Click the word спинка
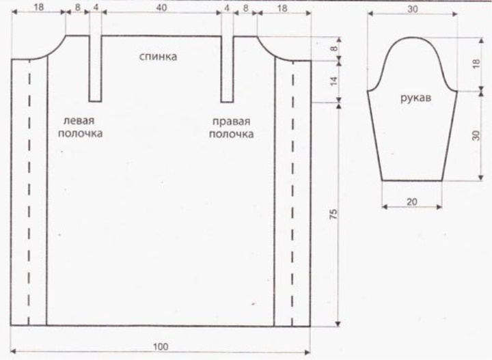point(158,57)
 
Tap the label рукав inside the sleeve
point(415,98)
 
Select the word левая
point(79,120)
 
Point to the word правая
point(231,121)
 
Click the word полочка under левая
point(81,133)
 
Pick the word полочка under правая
point(231,134)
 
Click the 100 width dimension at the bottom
point(161,346)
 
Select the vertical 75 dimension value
point(333,214)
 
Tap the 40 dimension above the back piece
point(161,8)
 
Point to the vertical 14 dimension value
point(334,81)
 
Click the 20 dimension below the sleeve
point(412,202)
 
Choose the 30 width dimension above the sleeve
point(413,9)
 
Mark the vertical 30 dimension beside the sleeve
point(476,135)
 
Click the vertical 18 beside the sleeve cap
point(476,64)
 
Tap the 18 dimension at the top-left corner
point(38,8)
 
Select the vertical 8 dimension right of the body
point(334,49)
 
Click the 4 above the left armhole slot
point(96,8)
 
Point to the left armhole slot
point(96,68)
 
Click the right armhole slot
point(228,69)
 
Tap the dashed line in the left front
point(29,192)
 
